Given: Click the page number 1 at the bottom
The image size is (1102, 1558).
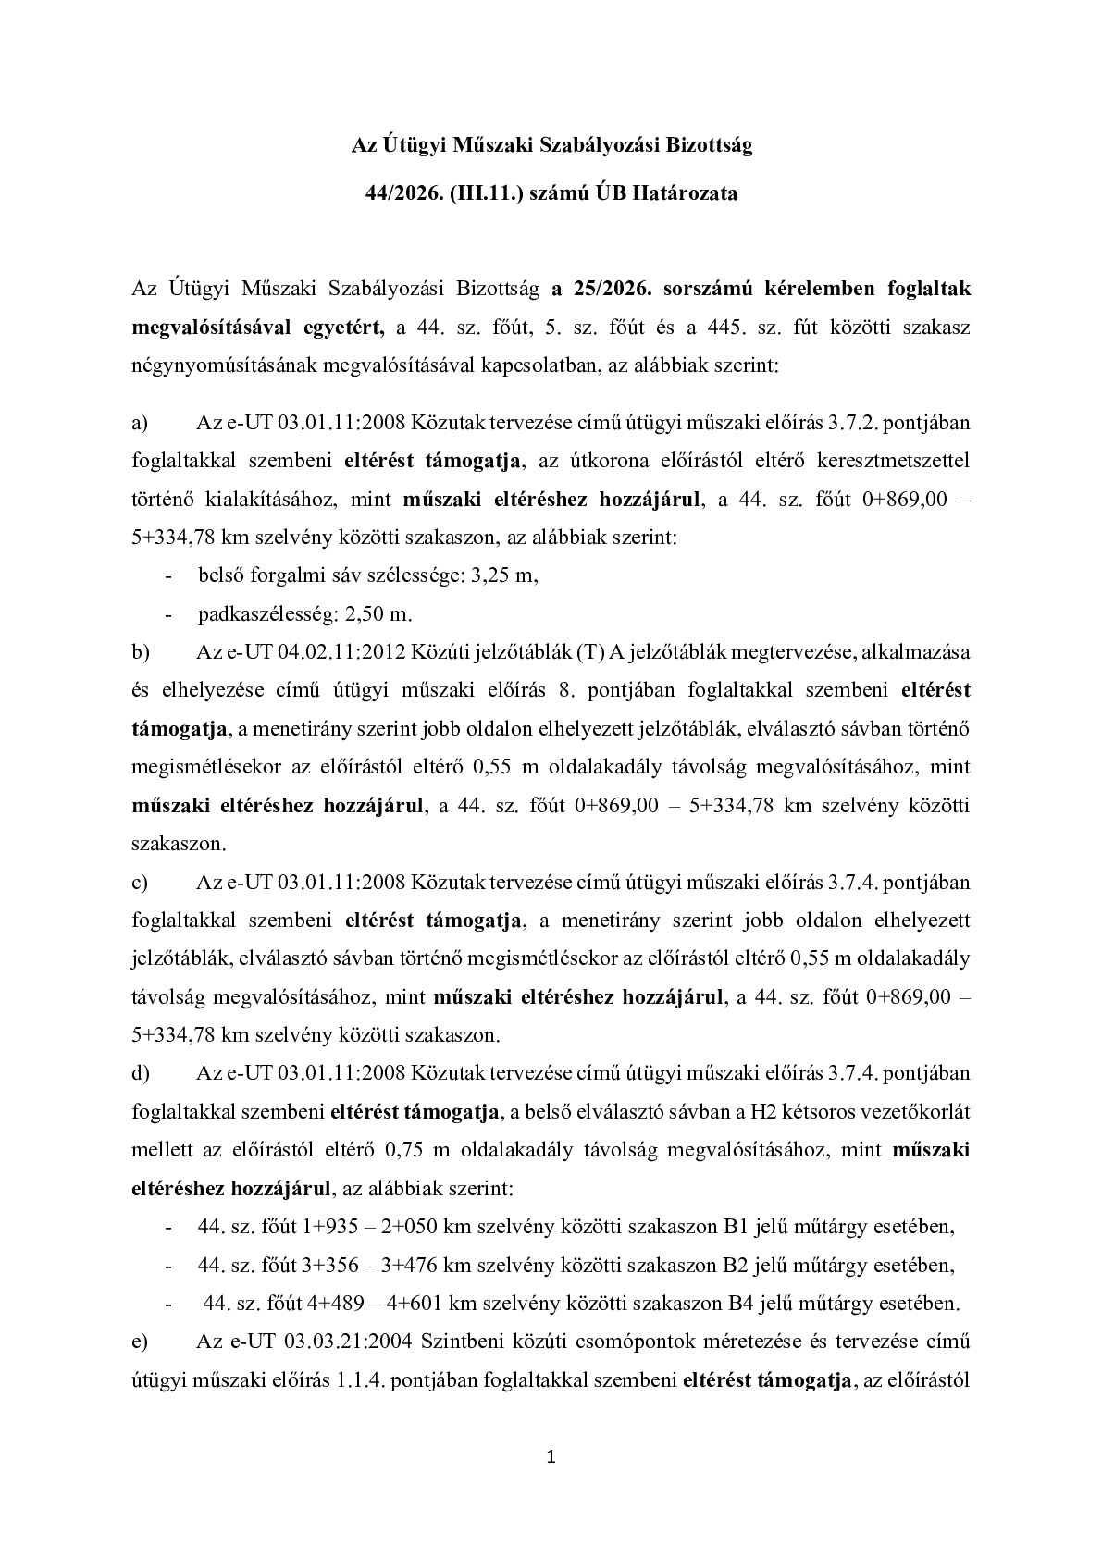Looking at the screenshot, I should click(551, 1459).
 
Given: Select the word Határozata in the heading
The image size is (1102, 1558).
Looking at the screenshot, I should click(686, 194).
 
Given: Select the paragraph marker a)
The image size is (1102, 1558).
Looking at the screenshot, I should click(141, 423).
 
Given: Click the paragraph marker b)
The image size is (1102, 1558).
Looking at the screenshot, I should click(141, 652).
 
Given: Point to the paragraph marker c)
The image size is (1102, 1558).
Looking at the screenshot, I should click(140, 883).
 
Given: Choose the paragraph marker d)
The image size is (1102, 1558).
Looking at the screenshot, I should click(141, 1073).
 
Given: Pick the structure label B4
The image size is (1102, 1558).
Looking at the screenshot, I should click(743, 1304).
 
